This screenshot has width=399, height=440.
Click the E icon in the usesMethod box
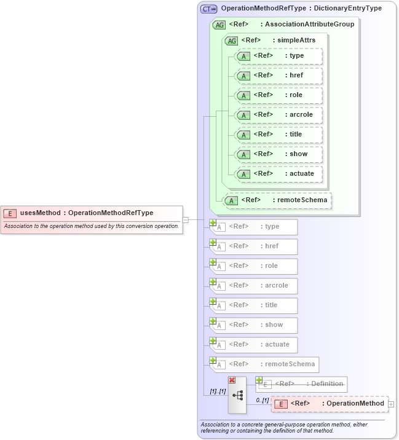click(10, 213)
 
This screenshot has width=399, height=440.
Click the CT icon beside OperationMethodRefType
click(209, 9)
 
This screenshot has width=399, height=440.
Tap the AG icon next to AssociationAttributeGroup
click(219, 25)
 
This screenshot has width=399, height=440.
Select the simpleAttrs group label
click(296, 41)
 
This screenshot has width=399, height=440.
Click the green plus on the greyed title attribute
click(213, 301)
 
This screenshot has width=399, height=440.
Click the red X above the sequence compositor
click(232, 380)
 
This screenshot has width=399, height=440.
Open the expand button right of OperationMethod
click(391, 404)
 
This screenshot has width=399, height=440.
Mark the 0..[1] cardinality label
click(262, 400)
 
